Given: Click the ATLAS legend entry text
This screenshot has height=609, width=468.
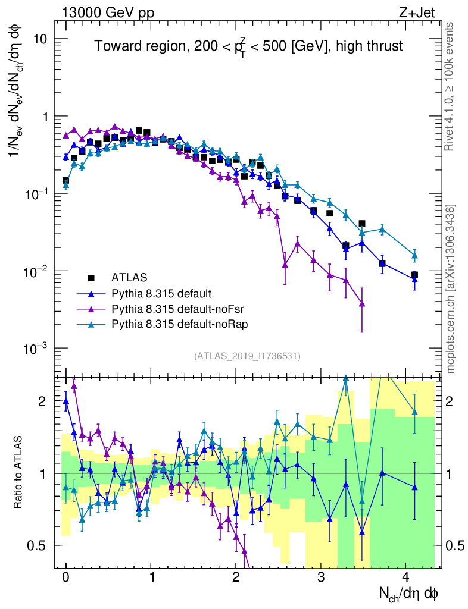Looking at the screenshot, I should (x=129, y=277).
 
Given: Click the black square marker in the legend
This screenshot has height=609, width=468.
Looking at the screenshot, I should (x=91, y=277).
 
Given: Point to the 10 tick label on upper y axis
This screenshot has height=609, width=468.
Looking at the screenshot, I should (x=41, y=39).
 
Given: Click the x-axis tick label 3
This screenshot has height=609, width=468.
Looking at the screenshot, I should (x=321, y=577).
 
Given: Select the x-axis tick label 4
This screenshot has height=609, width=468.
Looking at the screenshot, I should (x=406, y=577).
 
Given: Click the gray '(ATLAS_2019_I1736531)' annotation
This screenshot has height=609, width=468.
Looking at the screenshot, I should (x=247, y=356).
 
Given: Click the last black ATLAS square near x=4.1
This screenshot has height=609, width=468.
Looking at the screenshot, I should (x=414, y=275).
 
